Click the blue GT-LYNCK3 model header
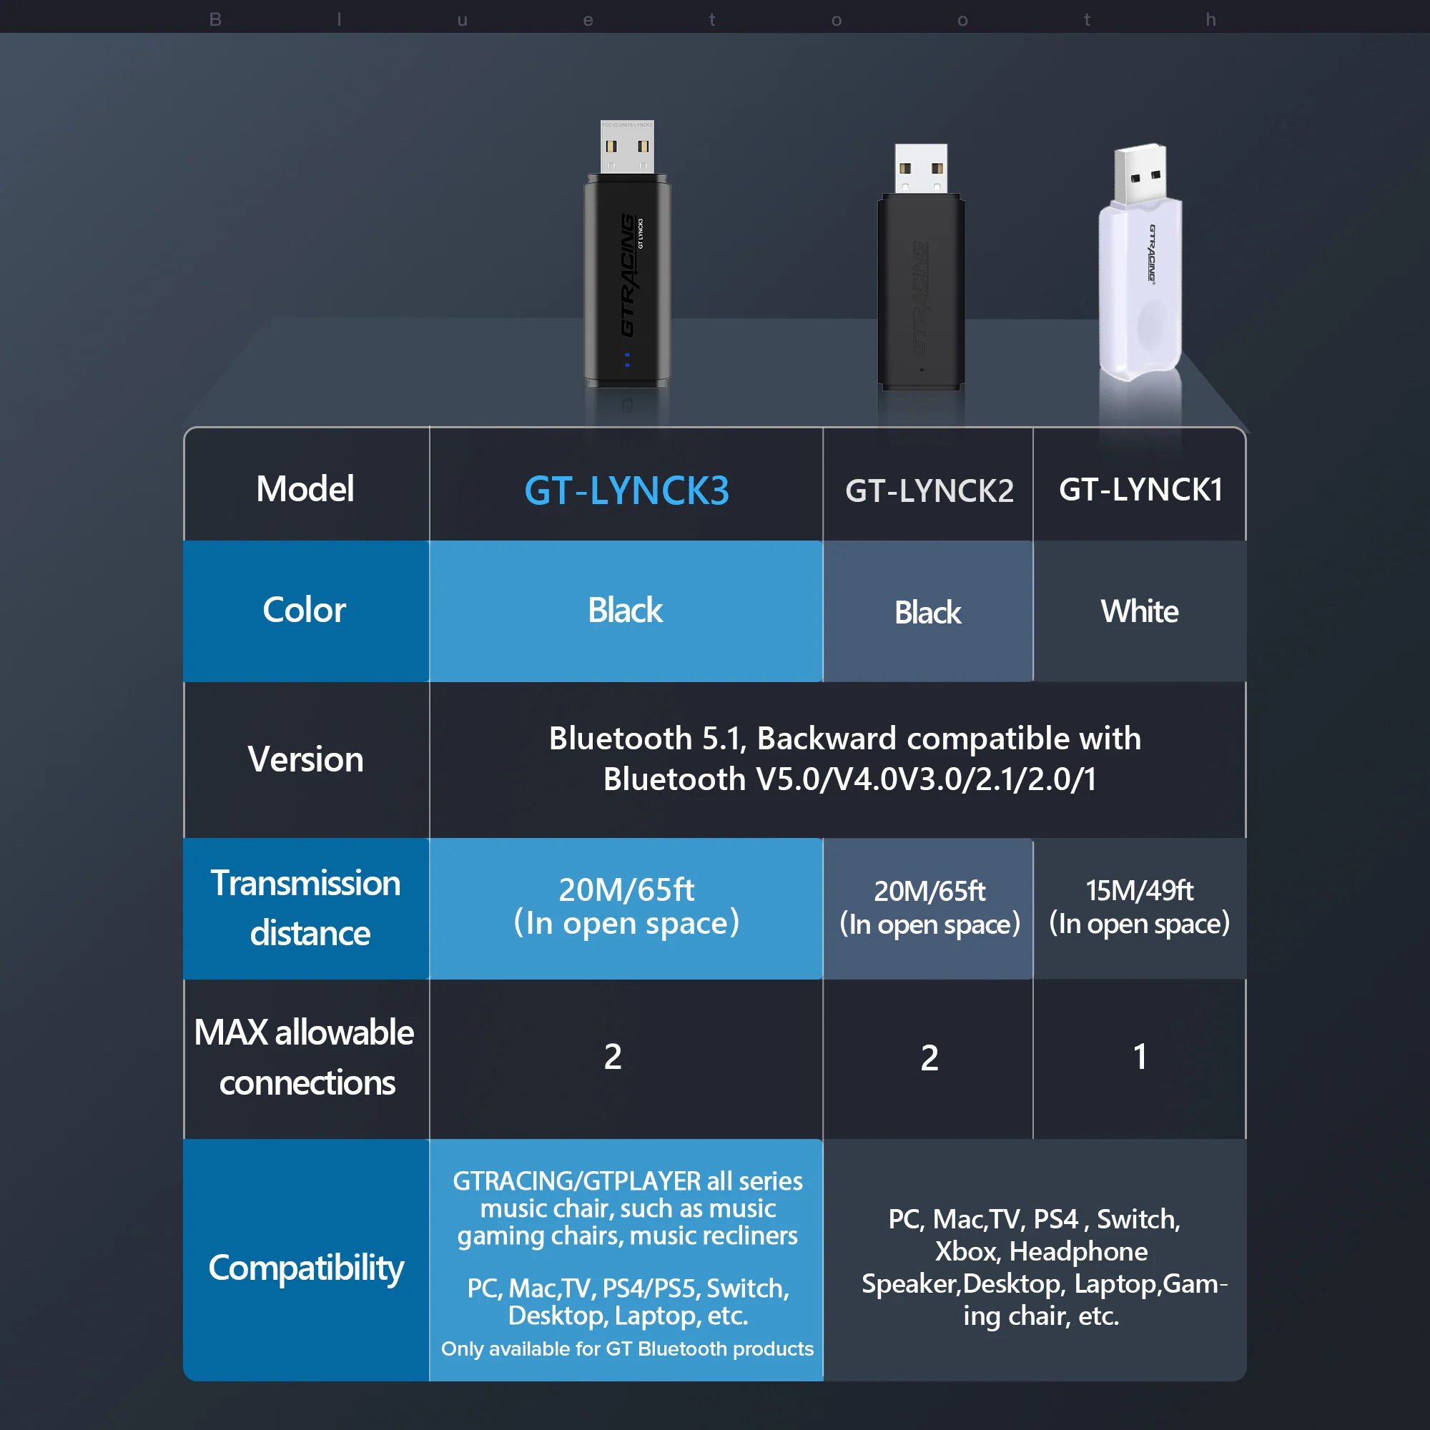(626, 490)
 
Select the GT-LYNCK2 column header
(929, 490)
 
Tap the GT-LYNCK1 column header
(1140, 489)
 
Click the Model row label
(305, 489)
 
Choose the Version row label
(305, 759)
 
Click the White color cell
(1139, 611)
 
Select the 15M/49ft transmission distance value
(1139, 890)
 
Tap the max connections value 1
(1140, 1056)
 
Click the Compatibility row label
(306, 1267)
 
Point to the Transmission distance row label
(306, 907)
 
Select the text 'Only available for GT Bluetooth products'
(627, 1348)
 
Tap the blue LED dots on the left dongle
(627, 360)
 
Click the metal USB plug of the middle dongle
(921, 168)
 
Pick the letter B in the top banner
(215, 19)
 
